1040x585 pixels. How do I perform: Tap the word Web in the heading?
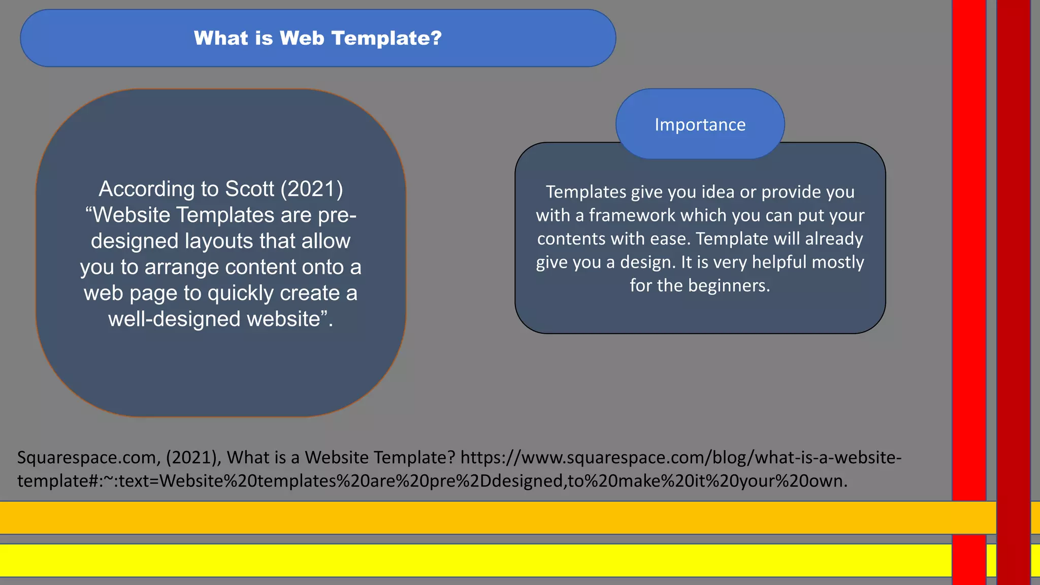point(302,39)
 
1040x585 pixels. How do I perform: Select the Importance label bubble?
point(700,124)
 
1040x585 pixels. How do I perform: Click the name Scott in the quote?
point(249,189)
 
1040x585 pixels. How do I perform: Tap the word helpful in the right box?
point(779,262)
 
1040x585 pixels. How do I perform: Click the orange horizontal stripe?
point(457,517)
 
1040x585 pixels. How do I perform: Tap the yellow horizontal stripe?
point(457,560)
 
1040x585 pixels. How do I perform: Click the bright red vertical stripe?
point(969,254)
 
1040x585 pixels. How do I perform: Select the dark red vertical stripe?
point(1013,254)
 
